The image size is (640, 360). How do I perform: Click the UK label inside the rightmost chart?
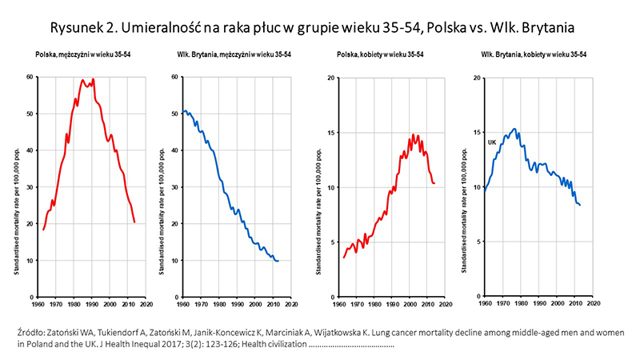coord(493,142)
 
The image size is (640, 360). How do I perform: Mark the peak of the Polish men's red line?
coord(94,79)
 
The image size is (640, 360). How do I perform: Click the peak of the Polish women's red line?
coord(414,134)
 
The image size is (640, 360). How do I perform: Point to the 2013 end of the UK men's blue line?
coord(278,261)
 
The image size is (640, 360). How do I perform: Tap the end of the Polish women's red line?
coord(434,183)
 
